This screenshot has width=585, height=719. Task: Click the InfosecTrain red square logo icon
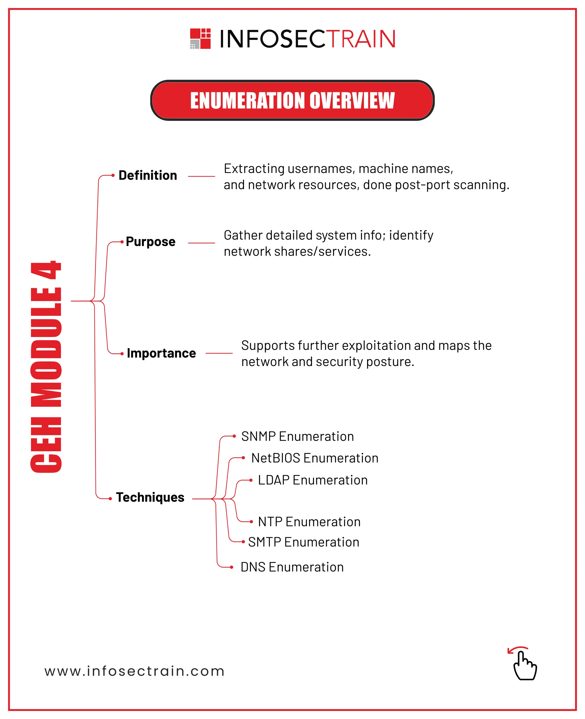tap(200, 39)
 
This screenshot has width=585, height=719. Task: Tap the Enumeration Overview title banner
tap(292, 100)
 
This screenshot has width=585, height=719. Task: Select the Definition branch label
tap(148, 175)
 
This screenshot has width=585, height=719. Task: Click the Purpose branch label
tap(150, 242)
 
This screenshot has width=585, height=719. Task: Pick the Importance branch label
tap(161, 353)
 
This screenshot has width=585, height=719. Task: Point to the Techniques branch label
tap(150, 497)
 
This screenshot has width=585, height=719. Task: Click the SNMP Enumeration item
tap(297, 436)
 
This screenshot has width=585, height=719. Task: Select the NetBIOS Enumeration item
tap(314, 458)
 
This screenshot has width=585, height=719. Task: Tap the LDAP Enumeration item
tap(312, 480)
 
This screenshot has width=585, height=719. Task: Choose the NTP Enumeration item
tap(309, 522)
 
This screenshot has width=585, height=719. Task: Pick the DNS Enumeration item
tap(292, 567)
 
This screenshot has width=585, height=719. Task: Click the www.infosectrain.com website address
tap(135, 671)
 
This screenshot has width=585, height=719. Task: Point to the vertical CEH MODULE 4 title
tap(46, 367)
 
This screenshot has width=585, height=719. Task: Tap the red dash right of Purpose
tap(201, 243)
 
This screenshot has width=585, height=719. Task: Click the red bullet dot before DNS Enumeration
tap(231, 567)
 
